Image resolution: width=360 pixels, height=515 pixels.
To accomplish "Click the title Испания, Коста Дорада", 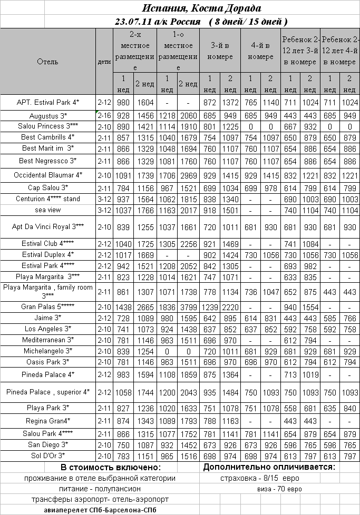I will click(x=202, y=8).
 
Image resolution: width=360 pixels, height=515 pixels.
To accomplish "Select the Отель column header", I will click(x=48, y=62).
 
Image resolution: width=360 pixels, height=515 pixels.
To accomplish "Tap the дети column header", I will click(x=104, y=62).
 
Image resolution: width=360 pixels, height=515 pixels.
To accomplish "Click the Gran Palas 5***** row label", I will click(x=48, y=306).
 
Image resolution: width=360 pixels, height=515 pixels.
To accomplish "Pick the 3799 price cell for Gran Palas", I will click(x=188, y=306).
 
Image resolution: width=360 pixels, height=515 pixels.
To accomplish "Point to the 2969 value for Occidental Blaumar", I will click(x=188, y=174).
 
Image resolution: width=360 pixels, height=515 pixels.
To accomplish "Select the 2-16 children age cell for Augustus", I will click(x=104, y=115).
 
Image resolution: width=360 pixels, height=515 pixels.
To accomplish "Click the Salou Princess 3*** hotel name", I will click(x=48, y=126).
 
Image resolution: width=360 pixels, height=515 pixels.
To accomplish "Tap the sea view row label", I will click(x=48, y=210).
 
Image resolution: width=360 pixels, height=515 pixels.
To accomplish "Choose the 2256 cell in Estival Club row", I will click(x=188, y=244).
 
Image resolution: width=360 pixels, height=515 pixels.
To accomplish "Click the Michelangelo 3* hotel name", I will click(x=48, y=351).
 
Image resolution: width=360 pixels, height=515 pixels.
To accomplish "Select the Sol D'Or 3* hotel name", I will click(x=48, y=455).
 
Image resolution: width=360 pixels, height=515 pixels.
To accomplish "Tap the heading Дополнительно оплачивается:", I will click(x=269, y=467).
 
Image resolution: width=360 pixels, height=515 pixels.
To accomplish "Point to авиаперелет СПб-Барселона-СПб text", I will click(x=100, y=510).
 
